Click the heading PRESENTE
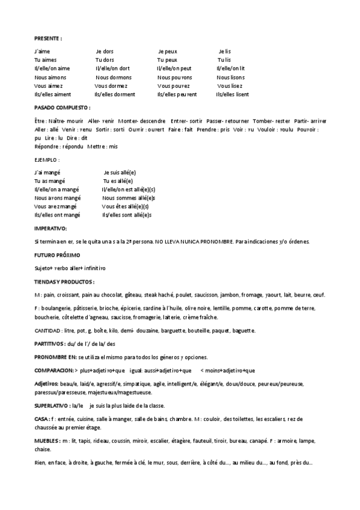pos(48,38)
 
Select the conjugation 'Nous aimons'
pos(51,78)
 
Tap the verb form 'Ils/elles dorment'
pos(115,94)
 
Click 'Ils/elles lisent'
pos(233,94)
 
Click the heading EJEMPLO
pos(47,160)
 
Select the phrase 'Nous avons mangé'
pos(57,198)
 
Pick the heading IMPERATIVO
pos(51,229)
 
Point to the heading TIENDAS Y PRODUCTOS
pos(64,281)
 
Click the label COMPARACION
pos(53,370)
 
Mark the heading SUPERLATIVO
pos(51,405)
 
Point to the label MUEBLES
pos(47,441)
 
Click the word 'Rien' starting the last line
pos(40,462)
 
